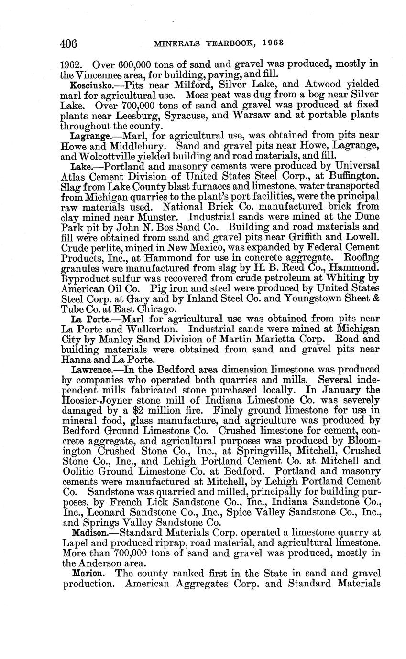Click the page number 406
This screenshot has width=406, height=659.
(69, 43)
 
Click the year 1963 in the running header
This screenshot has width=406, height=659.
(274, 43)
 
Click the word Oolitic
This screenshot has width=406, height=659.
(77, 471)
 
